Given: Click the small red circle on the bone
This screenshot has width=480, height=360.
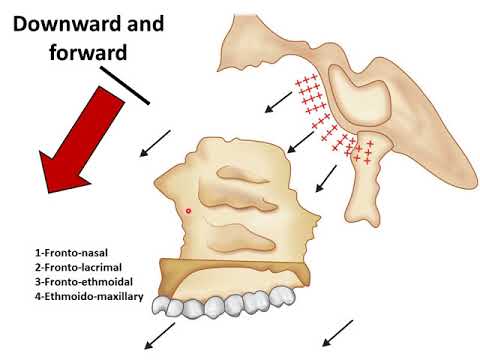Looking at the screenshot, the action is click(x=188, y=210).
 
